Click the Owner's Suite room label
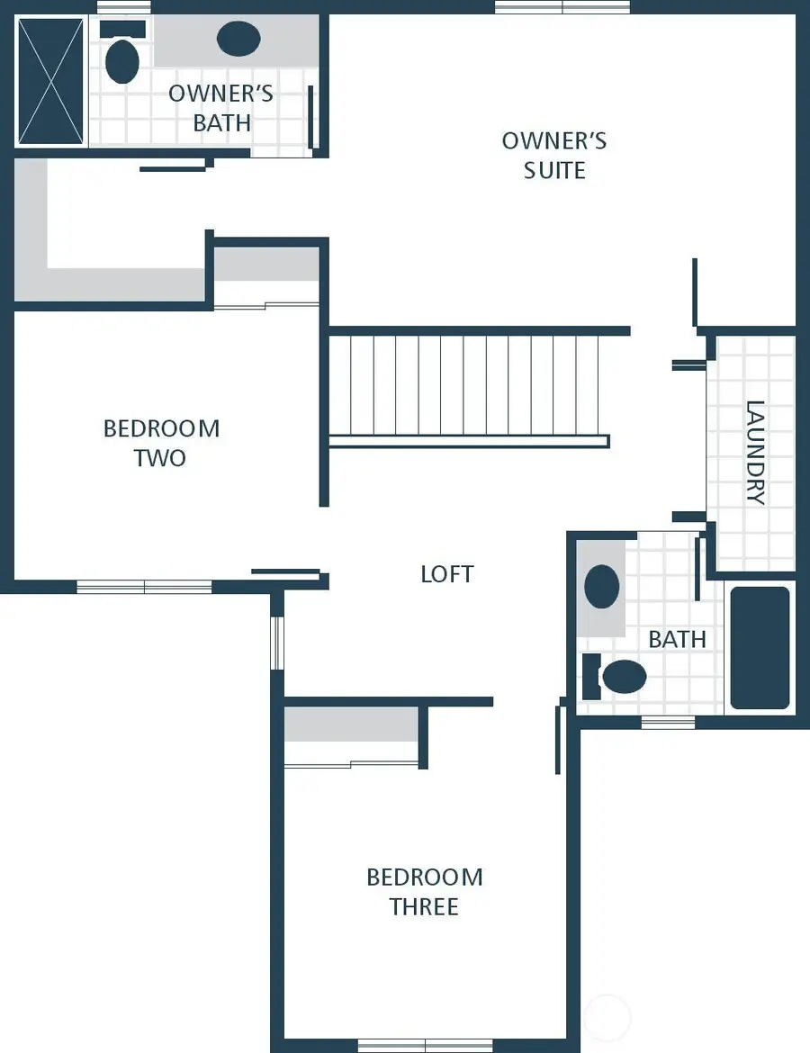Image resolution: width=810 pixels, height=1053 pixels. click(554, 156)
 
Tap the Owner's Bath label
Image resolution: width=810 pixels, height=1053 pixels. click(221, 108)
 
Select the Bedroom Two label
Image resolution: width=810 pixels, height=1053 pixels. click(161, 443)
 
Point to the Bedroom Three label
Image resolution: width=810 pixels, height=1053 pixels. click(424, 891)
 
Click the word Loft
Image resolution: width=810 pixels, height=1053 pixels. click(446, 574)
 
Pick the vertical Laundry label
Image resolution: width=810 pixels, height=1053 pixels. click(755, 453)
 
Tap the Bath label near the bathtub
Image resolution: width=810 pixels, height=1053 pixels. click(677, 639)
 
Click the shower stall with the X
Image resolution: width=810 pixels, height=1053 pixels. click(50, 81)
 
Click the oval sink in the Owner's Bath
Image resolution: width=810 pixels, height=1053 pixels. click(238, 39)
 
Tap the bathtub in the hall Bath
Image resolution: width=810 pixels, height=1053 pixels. click(760, 648)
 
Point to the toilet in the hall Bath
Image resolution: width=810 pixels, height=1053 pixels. click(620, 677)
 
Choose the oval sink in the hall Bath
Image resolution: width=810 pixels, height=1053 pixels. click(602, 587)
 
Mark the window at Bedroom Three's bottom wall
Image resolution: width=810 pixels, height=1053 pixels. click(425, 1045)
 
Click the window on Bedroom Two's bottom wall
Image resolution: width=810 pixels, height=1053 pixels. click(144, 587)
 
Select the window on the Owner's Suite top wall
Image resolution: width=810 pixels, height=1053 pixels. click(562, 7)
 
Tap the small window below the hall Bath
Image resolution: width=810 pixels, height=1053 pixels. click(668, 722)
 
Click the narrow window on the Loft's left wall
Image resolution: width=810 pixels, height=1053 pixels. click(277, 643)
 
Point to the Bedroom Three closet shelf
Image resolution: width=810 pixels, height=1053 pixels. click(351, 724)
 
